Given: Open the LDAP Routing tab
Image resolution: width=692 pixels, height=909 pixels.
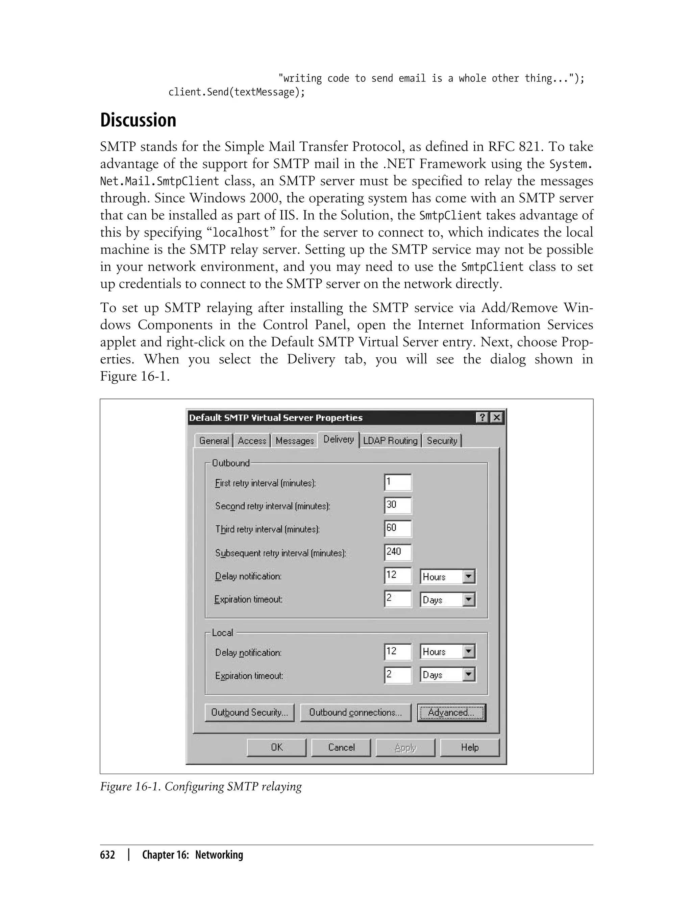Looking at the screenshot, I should pos(390,440).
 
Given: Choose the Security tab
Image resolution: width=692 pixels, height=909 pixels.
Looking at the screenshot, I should pos(442,440).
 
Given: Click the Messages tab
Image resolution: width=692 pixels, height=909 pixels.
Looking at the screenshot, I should pos(295,440).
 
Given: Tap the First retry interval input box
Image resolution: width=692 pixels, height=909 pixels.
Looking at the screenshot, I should pos(397,482).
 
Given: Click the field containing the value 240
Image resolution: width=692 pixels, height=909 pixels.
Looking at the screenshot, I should pos(397,552).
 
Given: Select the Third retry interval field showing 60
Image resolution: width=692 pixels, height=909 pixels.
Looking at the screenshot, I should pos(397,529).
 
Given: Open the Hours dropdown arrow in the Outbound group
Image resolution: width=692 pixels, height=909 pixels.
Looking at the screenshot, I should pos(469,576).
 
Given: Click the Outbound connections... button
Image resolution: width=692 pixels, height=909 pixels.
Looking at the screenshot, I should pos(355,713).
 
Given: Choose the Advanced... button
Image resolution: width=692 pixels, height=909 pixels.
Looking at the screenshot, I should pos(451,713).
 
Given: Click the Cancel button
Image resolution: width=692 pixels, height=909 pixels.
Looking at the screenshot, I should pos(341,747).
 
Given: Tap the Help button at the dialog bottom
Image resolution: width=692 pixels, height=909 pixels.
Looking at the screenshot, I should pos(470,747).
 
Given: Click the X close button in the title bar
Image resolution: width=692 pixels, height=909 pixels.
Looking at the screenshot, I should pos(497,417).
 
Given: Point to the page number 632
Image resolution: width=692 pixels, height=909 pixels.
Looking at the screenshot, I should pos(107,855).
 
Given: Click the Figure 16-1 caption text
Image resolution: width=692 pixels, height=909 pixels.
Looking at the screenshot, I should pos(201,786).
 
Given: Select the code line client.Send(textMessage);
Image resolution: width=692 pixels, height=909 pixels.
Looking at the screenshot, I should pos(237,92).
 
